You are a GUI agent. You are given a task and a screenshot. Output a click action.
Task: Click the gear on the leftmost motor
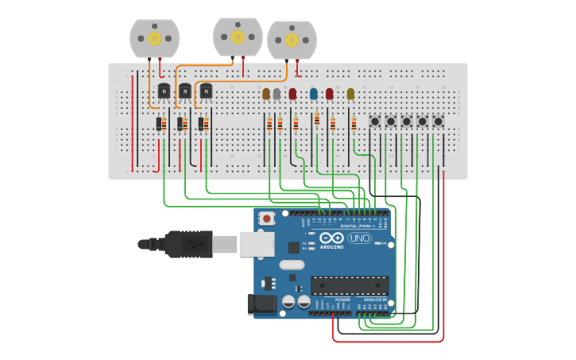click(x=155, y=37)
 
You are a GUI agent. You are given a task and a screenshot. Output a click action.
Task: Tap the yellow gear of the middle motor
click(x=238, y=36)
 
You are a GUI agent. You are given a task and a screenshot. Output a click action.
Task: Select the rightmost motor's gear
click(x=292, y=40)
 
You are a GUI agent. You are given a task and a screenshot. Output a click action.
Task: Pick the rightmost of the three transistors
click(x=206, y=91)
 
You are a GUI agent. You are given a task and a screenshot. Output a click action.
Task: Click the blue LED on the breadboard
click(x=314, y=94)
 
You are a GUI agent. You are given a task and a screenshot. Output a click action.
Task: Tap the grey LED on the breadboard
click(x=276, y=94)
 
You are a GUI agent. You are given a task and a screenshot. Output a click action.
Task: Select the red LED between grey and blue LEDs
click(x=292, y=94)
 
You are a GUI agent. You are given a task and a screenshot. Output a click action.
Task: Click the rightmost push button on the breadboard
click(x=438, y=122)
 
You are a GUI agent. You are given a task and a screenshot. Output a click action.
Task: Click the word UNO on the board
click(x=359, y=238)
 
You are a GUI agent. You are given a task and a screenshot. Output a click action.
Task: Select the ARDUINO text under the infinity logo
click(x=332, y=246)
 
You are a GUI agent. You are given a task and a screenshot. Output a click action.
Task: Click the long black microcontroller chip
click(x=350, y=285)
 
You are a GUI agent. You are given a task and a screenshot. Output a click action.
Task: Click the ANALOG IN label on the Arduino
click(x=375, y=300)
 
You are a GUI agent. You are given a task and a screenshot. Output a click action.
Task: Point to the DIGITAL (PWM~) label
click(x=354, y=226)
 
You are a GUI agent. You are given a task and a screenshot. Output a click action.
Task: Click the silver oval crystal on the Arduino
click(x=292, y=265)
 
